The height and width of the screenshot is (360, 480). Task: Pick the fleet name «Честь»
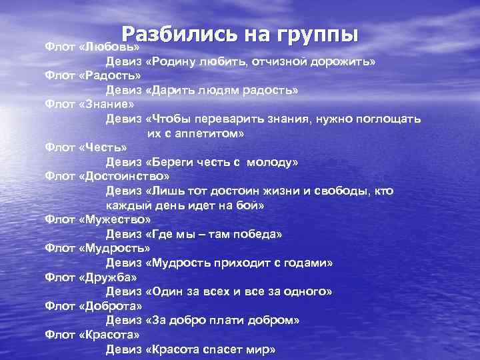point(103,148)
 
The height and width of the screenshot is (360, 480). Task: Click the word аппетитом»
point(207,133)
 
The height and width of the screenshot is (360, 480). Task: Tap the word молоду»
point(271,162)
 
